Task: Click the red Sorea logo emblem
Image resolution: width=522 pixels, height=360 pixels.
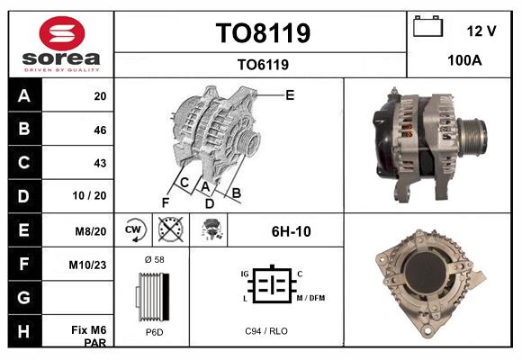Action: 62,33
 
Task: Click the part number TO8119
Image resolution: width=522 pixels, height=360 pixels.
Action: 263,33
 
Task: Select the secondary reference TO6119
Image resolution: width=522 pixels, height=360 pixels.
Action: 263,65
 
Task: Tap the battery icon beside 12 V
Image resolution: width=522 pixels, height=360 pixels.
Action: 428,26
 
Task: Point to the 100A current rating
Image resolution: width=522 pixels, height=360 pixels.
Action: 464,60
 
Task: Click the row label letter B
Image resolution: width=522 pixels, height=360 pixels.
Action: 24,129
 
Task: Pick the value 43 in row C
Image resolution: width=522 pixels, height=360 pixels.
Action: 100,163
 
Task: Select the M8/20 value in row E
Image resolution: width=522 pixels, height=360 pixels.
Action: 91,231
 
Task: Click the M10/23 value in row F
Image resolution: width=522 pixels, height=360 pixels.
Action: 87,265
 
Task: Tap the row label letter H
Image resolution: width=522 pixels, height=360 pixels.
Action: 23,331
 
